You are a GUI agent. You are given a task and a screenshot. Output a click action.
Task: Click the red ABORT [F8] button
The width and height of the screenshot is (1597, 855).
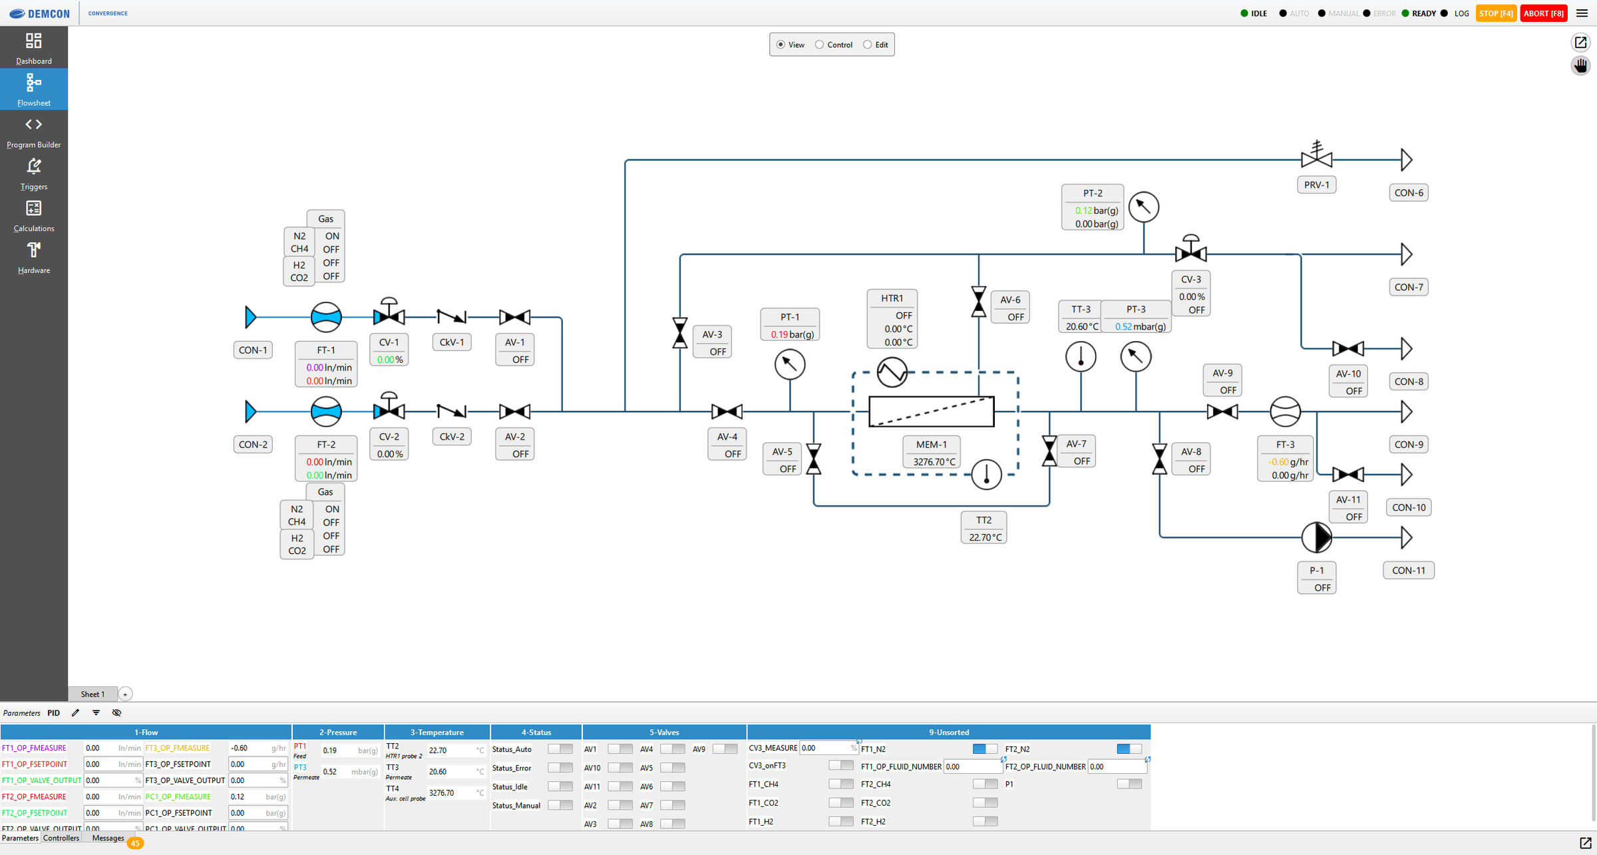coord(1543,13)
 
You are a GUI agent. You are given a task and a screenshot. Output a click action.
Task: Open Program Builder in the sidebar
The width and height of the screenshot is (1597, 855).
coord(33,131)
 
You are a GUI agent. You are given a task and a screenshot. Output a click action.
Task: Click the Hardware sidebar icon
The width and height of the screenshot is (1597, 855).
coord(33,257)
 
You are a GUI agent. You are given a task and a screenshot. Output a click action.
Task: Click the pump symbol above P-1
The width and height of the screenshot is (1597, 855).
coord(1316,537)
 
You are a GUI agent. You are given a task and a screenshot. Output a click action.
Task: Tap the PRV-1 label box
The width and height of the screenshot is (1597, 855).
coord(1316,184)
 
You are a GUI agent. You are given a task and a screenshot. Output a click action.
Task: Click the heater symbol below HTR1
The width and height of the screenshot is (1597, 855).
coord(892,372)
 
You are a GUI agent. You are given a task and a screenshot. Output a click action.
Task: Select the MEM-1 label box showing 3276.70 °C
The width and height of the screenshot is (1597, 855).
coord(931,452)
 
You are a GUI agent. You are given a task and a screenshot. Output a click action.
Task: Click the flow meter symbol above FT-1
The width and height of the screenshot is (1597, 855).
coord(326,317)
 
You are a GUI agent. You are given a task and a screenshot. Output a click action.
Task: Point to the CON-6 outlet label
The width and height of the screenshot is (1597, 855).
coord(1408,192)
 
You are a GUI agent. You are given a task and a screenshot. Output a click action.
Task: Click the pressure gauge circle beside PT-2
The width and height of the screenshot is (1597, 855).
coord(1143,207)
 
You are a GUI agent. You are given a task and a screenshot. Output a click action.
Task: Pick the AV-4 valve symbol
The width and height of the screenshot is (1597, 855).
coord(727,412)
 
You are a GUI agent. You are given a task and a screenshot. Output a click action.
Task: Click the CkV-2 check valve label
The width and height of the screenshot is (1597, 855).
coord(451,436)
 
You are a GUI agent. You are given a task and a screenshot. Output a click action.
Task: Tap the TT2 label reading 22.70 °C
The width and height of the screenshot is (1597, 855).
coord(983,527)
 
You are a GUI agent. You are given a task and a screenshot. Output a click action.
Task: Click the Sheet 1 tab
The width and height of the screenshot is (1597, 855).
coord(92,694)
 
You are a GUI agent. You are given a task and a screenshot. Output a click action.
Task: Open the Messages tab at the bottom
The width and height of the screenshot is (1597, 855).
coord(108,838)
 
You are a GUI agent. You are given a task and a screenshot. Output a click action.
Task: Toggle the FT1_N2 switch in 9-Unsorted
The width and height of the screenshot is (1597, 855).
coord(984,749)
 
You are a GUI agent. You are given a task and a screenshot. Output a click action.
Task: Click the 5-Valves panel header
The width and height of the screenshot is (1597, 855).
coord(663,732)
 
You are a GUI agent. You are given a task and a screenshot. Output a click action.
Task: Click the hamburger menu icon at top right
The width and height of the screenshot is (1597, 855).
coord(1582,13)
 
